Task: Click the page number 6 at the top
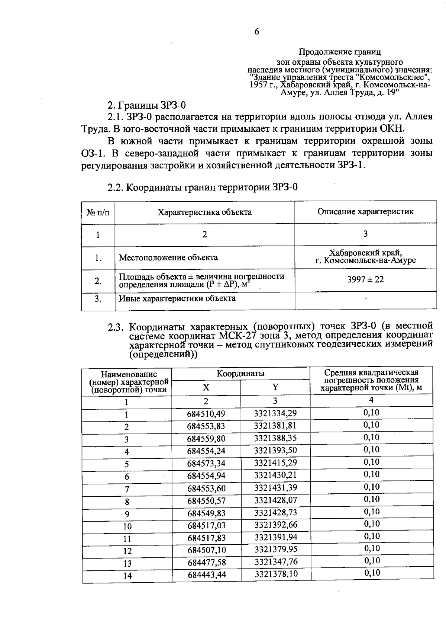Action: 257,32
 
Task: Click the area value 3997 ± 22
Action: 365,279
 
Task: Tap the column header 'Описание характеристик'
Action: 365,212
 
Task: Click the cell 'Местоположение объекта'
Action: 168,257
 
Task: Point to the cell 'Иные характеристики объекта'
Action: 177,298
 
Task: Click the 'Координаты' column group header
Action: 240,373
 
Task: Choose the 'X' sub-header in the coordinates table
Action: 206,388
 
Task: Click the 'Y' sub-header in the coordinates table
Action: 275,387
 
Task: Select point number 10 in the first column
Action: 127,526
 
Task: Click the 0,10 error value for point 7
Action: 371,487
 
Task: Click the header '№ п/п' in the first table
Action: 98,212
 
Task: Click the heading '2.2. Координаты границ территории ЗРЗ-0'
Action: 203,187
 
